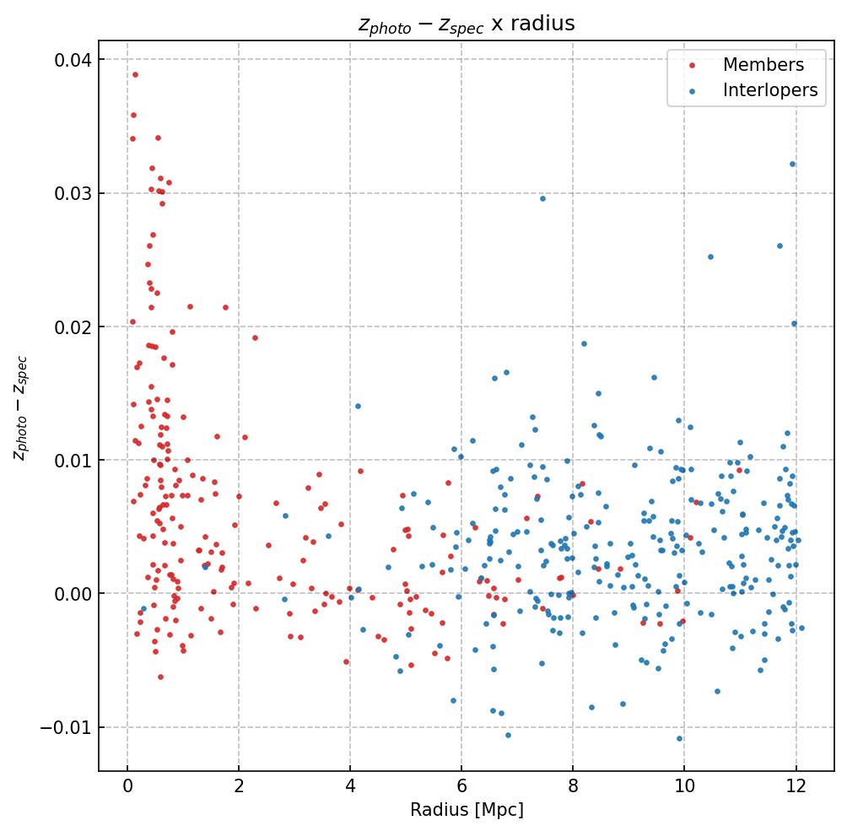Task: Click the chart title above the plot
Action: point(467,24)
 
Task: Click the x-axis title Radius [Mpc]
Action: point(467,810)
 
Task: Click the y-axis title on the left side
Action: point(21,407)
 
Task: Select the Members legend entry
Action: point(763,65)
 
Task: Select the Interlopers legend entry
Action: point(769,90)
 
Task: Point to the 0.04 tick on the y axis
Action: point(74,60)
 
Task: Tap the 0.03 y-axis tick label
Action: point(74,193)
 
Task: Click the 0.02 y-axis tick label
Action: point(74,326)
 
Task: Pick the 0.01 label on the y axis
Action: point(74,460)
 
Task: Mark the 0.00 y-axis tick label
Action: point(74,594)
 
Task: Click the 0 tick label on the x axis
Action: point(127,787)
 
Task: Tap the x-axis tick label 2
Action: point(239,787)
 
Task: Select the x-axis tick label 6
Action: point(461,787)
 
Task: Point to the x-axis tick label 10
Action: point(684,787)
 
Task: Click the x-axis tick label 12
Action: point(796,787)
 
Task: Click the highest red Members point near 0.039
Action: point(135,74)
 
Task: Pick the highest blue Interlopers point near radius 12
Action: point(792,164)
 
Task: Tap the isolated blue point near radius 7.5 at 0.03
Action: point(542,198)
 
